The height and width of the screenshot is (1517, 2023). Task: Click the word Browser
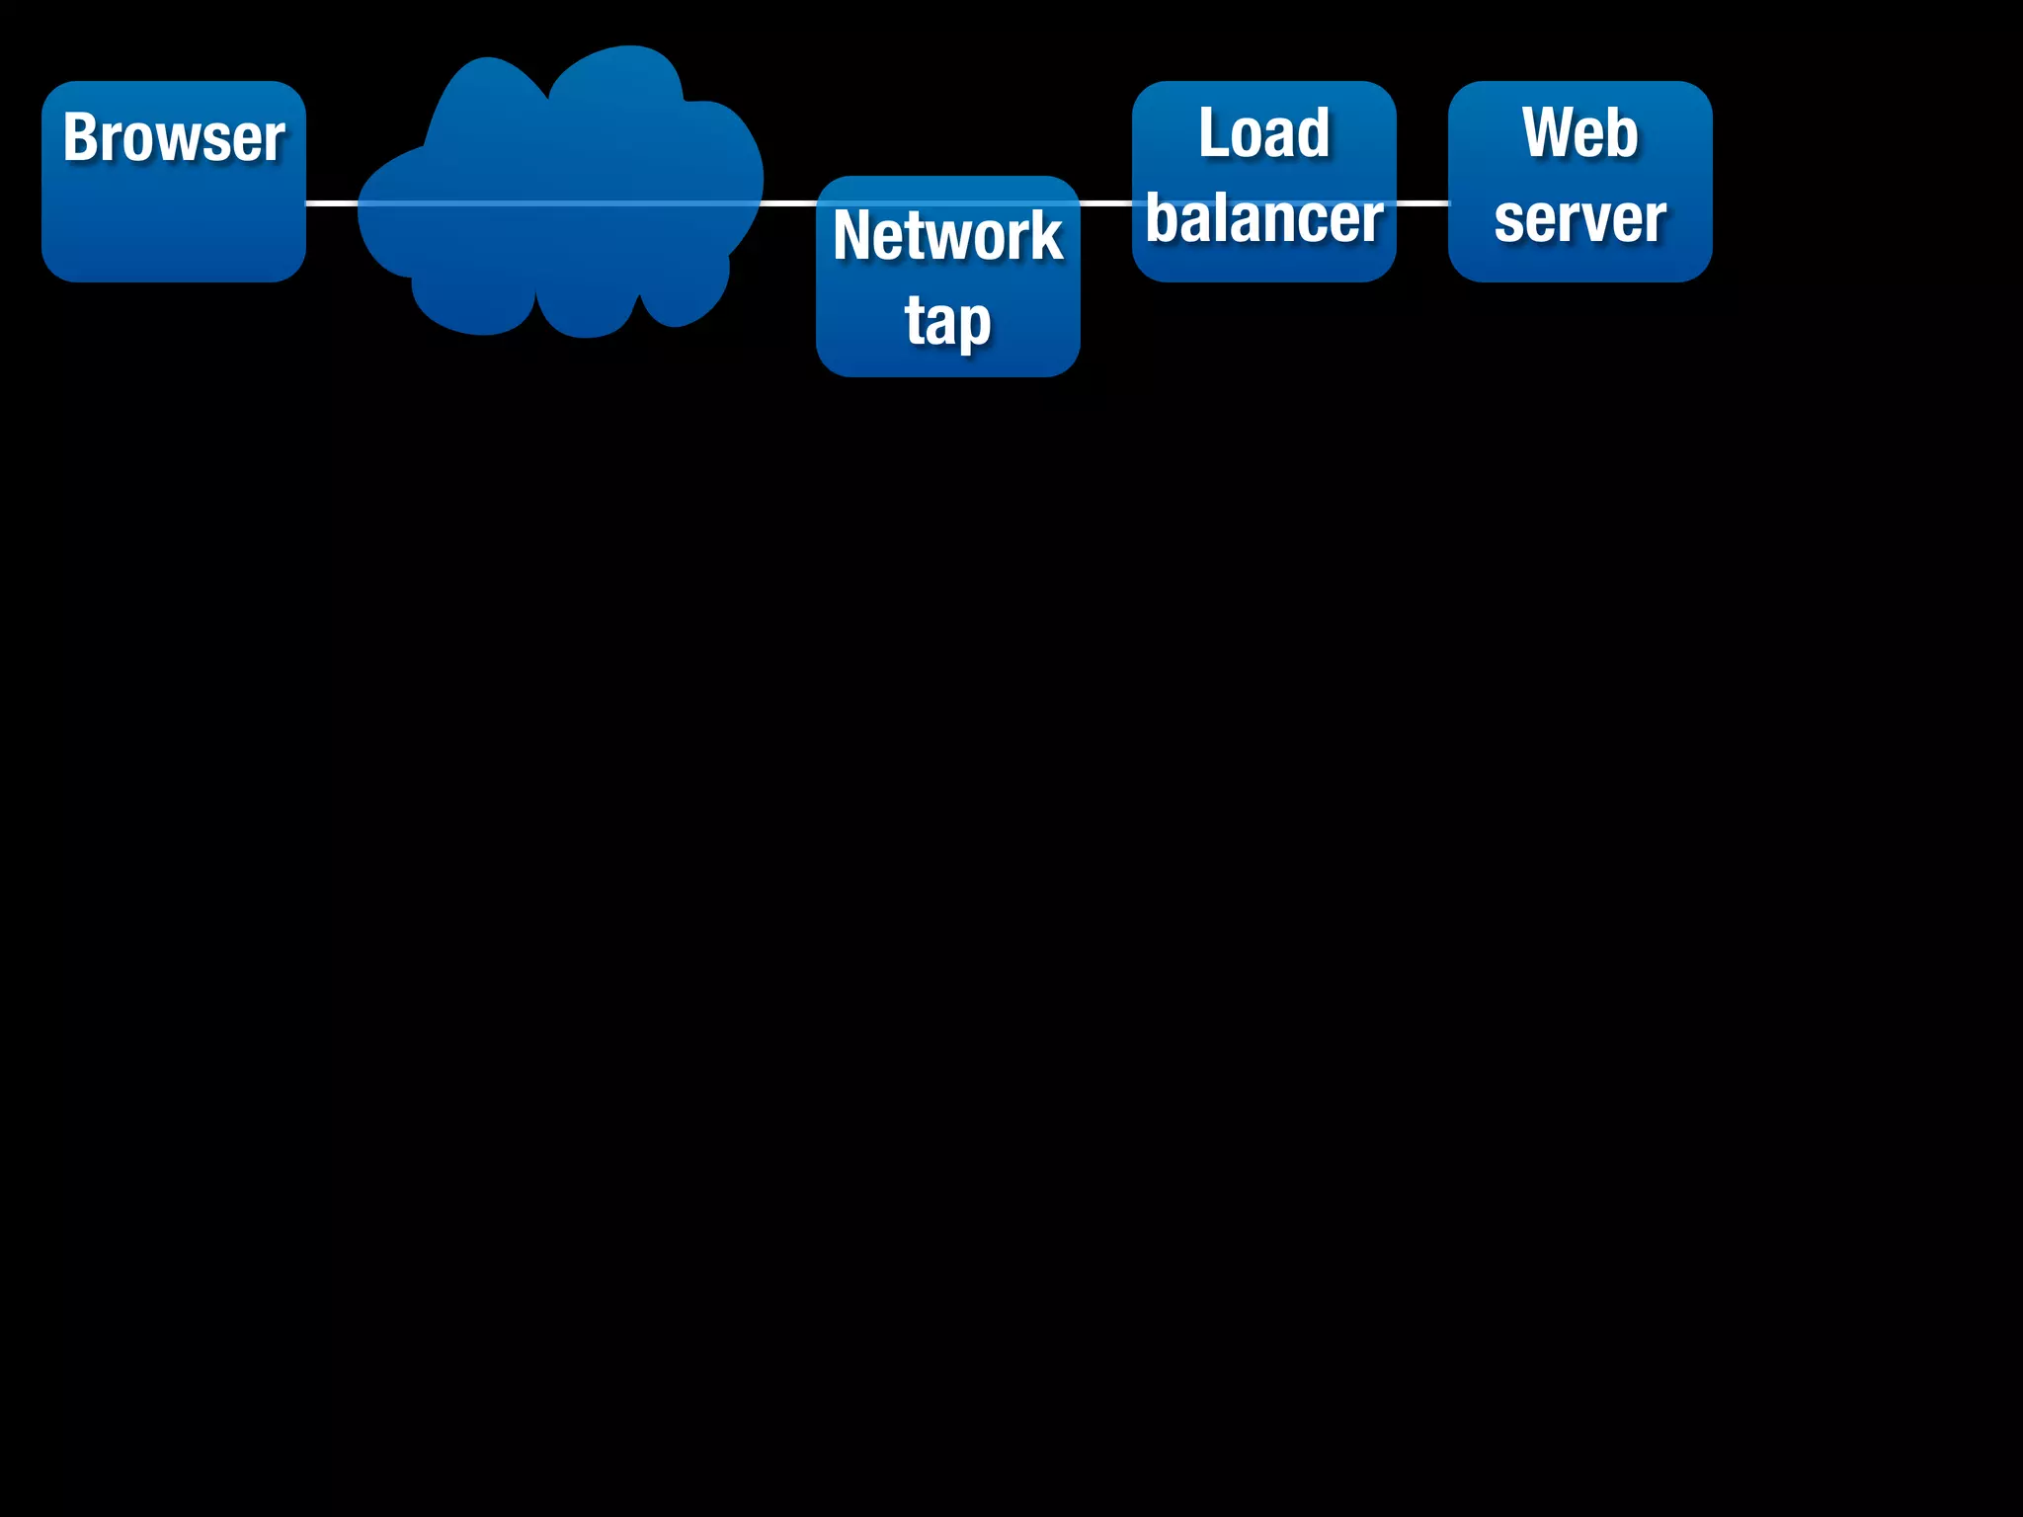point(174,137)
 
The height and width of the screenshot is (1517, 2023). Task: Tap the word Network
point(947,236)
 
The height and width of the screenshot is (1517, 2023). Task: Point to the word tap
point(947,322)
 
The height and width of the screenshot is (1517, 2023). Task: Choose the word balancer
point(1263,219)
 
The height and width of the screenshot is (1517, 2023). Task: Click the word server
point(1579,219)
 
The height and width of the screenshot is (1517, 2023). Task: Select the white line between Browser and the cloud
point(332,203)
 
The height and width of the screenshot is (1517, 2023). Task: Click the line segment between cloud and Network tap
point(789,203)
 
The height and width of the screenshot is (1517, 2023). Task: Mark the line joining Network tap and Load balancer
point(1106,203)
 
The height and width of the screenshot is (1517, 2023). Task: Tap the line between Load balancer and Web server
point(1422,203)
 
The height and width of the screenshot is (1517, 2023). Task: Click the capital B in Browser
point(82,137)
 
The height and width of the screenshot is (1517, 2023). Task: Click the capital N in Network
point(854,236)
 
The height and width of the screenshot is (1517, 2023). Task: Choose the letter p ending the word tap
point(974,325)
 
